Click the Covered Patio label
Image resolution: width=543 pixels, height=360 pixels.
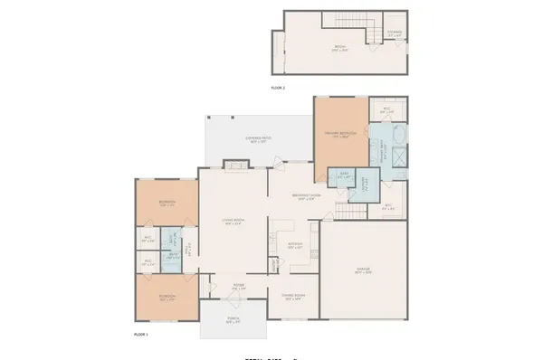point(261,140)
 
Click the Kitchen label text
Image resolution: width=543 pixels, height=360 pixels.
point(294,244)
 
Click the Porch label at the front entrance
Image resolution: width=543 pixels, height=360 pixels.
point(233,319)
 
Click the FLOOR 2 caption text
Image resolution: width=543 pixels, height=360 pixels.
point(278,88)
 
